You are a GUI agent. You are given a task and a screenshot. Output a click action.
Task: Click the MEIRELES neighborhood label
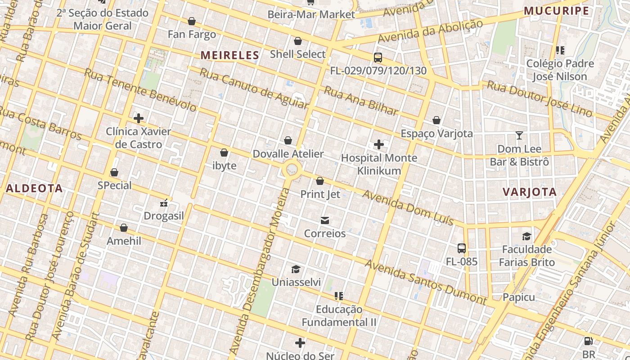click(x=229, y=55)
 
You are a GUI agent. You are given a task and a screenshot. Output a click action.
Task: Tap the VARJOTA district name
click(x=529, y=192)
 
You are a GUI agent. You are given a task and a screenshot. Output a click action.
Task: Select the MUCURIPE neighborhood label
click(x=556, y=11)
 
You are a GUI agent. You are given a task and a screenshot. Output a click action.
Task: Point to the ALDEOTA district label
click(x=34, y=189)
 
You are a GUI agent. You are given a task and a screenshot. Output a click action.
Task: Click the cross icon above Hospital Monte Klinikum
click(x=379, y=144)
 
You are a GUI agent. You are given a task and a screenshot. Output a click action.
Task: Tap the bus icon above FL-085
click(x=461, y=248)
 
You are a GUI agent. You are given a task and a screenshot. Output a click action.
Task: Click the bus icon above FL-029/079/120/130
click(x=378, y=58)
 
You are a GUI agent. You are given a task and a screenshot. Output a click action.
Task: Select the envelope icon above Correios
click(x=324, y=220)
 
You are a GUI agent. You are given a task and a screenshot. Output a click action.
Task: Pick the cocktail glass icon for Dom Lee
click(x=519, y=135)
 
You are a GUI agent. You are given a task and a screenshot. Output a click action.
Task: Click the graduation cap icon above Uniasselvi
click(x=296, y=269)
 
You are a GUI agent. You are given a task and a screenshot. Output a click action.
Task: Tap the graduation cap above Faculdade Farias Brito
click(x=526, y=236)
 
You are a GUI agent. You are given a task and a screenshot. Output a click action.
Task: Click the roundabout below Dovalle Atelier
click(x=292, y=170)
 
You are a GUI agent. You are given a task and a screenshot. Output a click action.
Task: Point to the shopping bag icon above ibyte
click(x=224, y=153)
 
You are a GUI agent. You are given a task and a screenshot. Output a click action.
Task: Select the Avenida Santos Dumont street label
click(x=425, y=282)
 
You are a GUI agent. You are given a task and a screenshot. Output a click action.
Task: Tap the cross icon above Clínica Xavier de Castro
click(x=139, y=118)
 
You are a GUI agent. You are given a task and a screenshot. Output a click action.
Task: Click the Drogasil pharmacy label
click(x=164, y=216)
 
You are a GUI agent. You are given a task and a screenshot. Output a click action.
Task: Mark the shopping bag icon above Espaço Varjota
click(x=436, y=120)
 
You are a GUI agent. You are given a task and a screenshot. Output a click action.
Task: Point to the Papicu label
click(x=519, y=297)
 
